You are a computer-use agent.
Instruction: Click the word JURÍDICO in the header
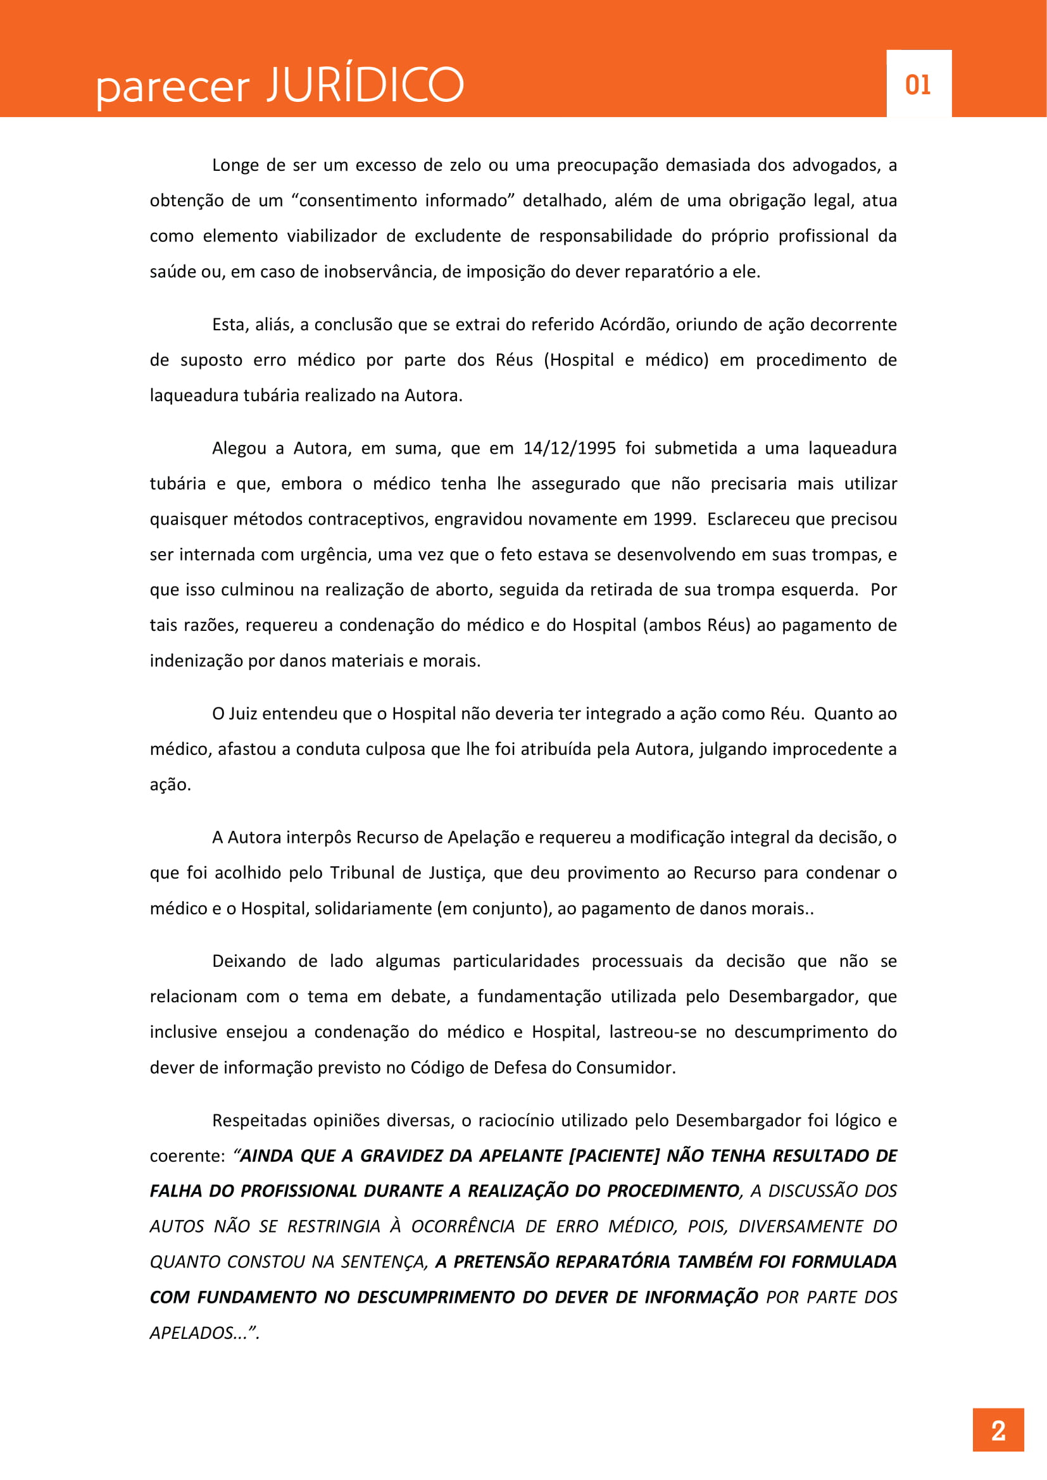365,84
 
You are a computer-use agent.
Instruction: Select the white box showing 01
918,84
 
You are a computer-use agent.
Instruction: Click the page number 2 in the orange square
998,1431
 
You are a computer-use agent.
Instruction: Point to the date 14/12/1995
569,449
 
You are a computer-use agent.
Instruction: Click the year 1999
674,519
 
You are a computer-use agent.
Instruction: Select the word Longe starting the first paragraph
235,166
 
